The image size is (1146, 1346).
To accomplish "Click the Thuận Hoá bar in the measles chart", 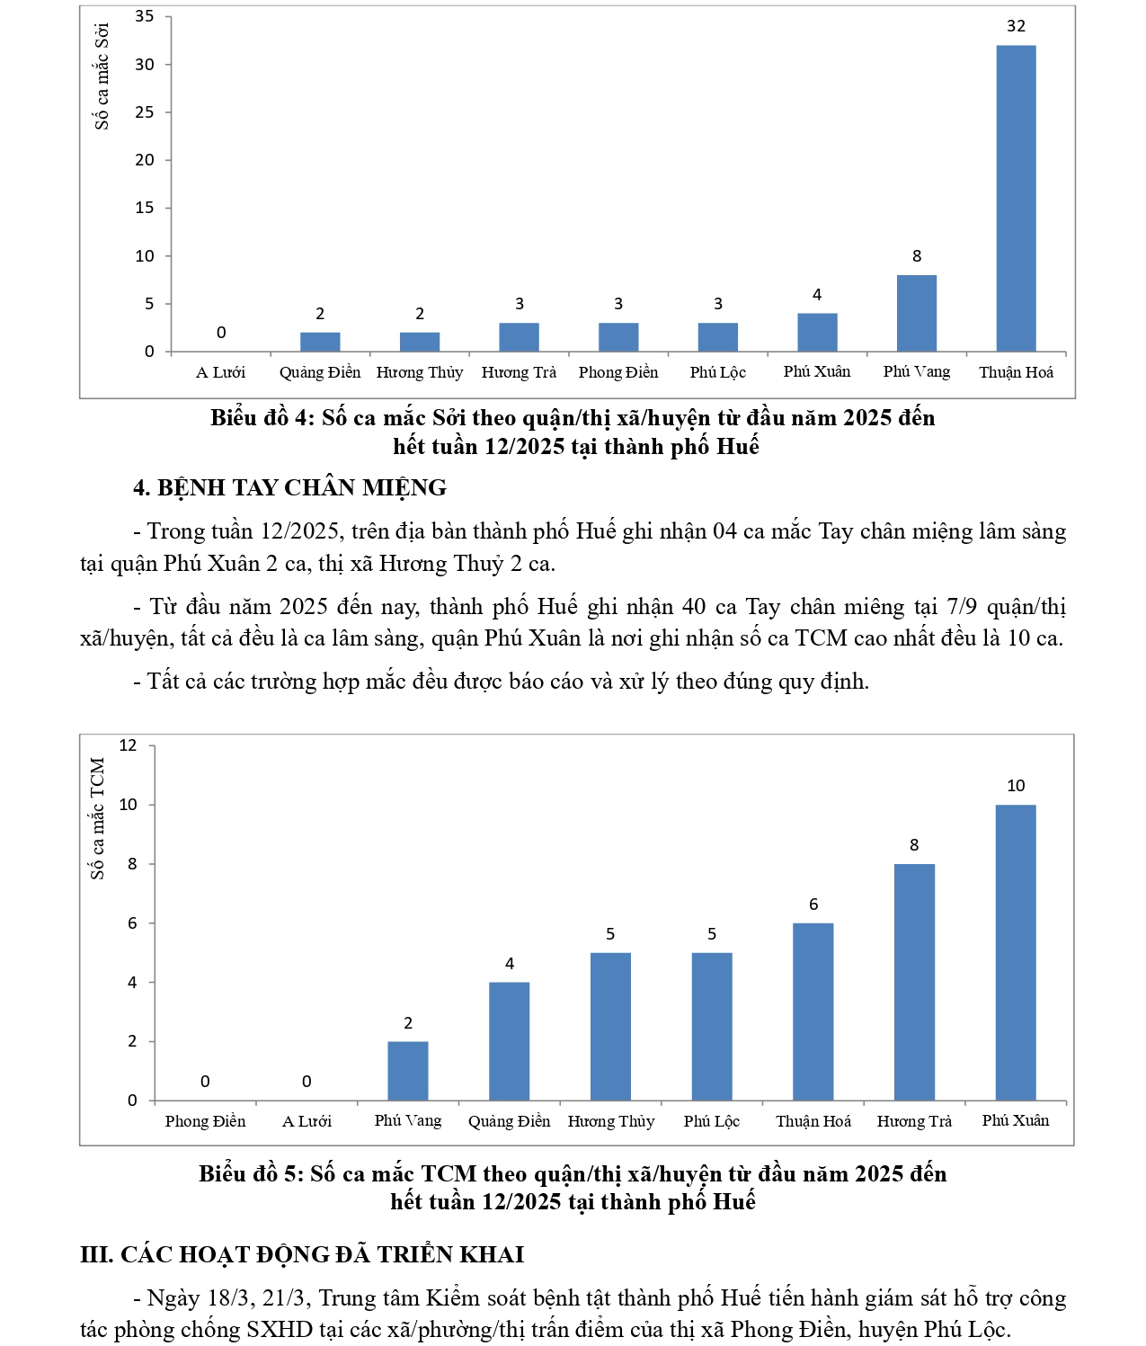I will pos(1016,198).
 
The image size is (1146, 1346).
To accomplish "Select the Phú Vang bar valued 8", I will pos(916,313).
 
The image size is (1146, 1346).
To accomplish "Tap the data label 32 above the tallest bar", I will pos(1016,26).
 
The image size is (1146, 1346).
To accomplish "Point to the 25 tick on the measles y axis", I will pos(145,112).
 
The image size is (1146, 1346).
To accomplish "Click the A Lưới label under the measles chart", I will pos(220,372).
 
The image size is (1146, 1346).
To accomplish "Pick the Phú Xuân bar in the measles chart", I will pos(816,332).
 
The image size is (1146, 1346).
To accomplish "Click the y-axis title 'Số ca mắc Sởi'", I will pos(102,76).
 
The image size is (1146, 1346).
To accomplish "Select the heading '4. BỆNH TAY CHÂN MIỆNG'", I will pos(289,487).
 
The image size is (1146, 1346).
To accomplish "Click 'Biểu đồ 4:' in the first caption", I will pos(262,418).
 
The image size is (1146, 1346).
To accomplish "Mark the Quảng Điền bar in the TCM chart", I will pos(509,1040).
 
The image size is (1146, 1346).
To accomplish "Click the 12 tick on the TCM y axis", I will pos(129,745).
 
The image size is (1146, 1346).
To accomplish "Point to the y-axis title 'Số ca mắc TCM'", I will pos(97,818).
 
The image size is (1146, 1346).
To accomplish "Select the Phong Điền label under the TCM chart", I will pos(205,1121).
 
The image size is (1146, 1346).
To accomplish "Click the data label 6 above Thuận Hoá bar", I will pos(813,905).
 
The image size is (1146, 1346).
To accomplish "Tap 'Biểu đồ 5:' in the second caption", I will pos(251,1174).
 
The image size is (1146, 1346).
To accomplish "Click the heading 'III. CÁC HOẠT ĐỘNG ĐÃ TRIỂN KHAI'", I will pos(302,1254).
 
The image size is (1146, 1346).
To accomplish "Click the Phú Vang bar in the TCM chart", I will pos(407,1070).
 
